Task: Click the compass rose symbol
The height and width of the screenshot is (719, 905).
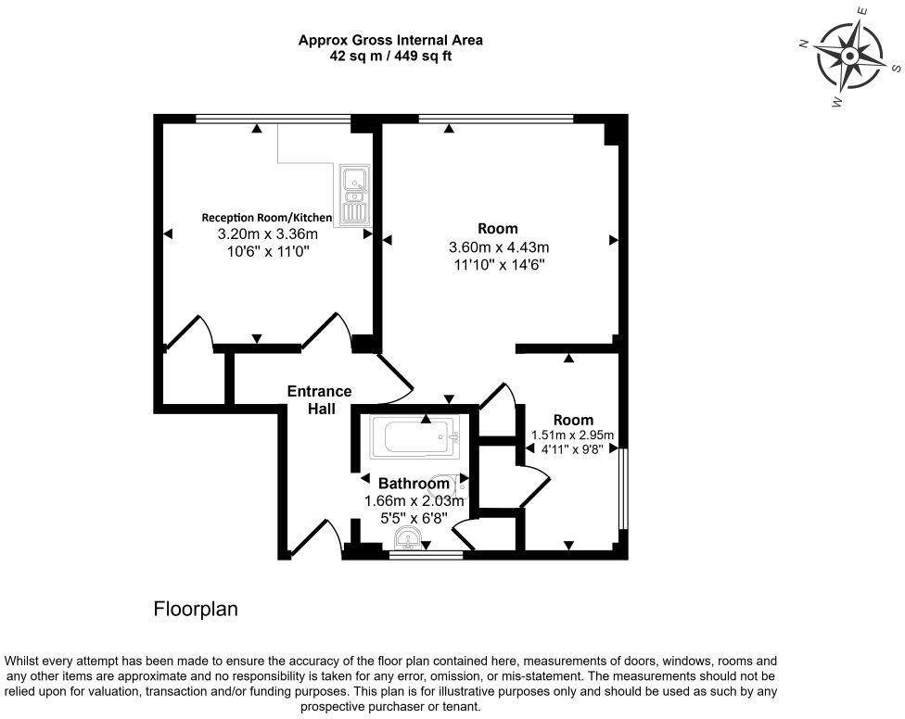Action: point(849,56)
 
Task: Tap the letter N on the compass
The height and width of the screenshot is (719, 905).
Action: point(803,43)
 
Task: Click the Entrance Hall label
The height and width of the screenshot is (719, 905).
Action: point(320,400)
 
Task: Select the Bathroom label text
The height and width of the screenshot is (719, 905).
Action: point(414,483)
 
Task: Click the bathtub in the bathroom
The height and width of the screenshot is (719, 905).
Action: point(415,437)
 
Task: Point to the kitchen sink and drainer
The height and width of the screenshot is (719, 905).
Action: point(354,195)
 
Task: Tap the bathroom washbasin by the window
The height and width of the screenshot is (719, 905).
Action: point(409,539)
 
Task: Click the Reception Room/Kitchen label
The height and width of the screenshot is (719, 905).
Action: point(267,218)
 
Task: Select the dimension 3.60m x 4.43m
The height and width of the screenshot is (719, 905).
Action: point(499,247)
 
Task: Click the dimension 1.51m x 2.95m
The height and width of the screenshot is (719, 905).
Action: point(572,435)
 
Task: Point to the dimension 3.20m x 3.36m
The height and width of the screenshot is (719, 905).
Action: point(268,234)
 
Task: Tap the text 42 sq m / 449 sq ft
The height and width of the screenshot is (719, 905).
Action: point(390,56)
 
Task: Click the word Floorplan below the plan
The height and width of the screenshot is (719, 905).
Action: point(196,609)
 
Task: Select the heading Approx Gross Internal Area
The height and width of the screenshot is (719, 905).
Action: point(390,41)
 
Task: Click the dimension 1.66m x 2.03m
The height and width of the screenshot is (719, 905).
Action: point(414,501)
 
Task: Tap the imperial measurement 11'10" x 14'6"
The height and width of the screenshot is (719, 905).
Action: point(498,265)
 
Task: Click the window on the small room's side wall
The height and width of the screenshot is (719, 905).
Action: point(623,488)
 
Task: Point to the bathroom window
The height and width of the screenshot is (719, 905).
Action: point(426,555)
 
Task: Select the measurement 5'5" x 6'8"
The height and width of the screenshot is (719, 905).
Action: point(414,518)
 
